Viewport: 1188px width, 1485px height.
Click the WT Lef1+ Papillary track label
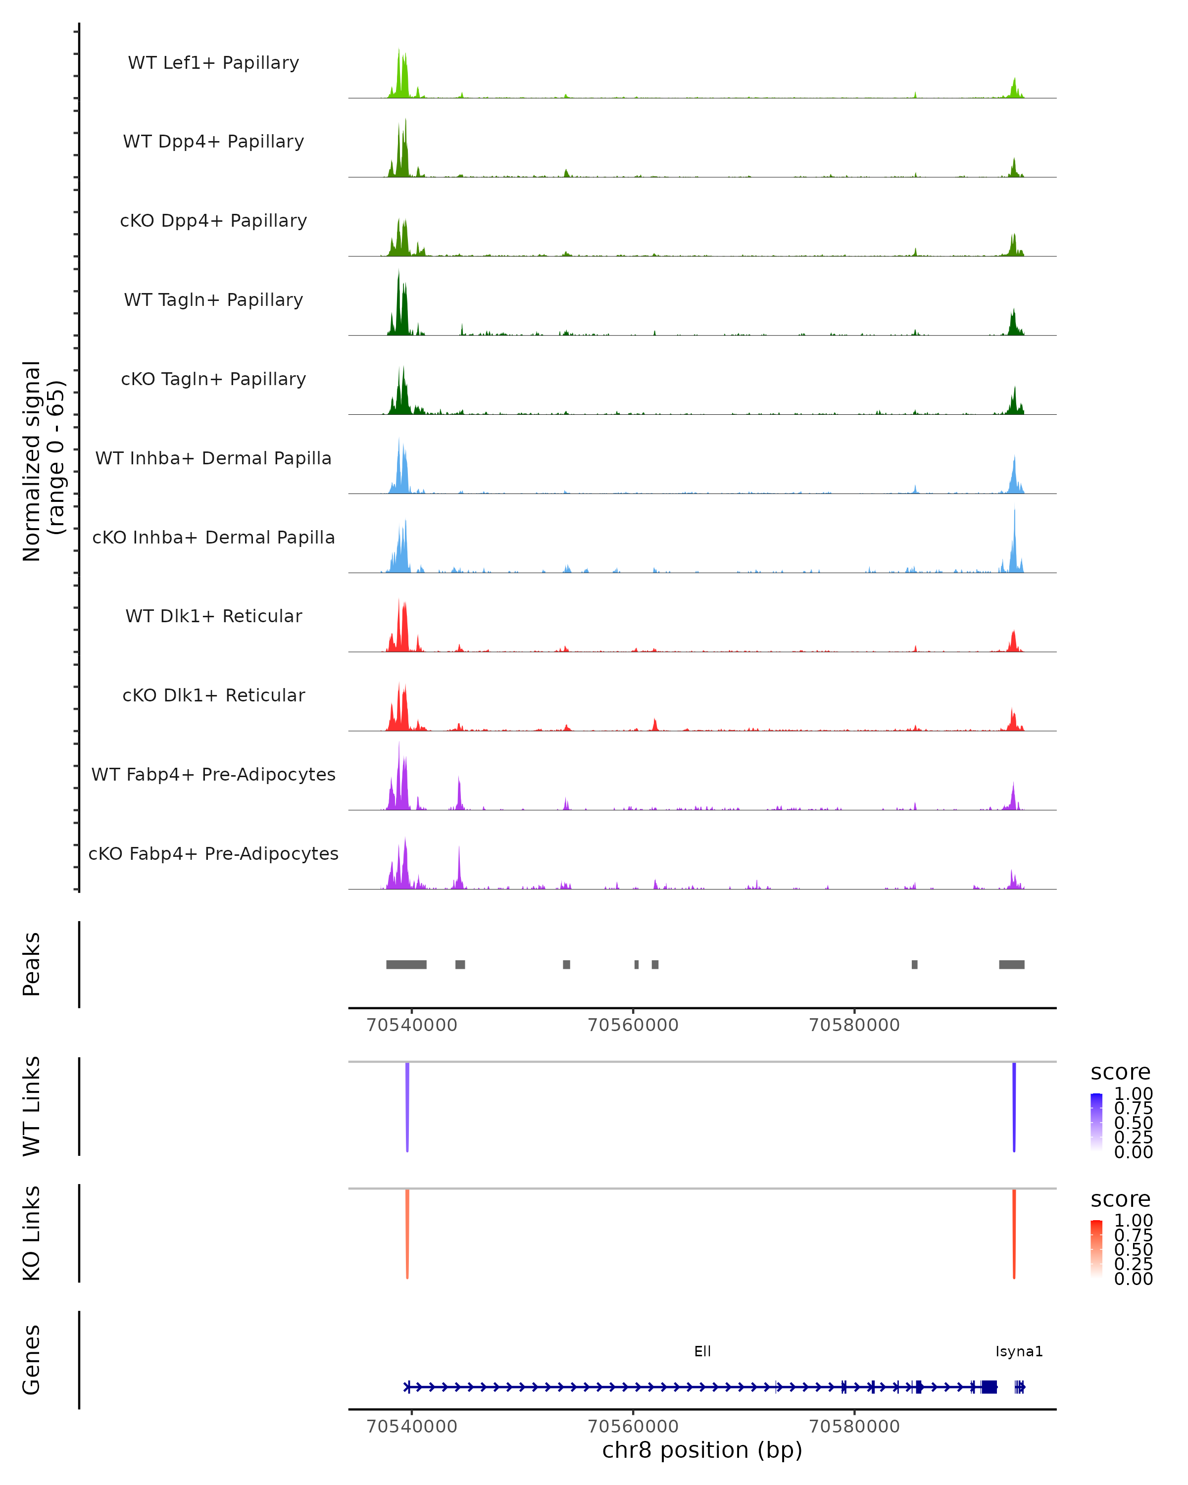point(213,63)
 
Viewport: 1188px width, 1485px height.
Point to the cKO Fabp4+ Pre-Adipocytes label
point(213,853)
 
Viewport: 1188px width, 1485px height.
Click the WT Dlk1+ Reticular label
point(213,616)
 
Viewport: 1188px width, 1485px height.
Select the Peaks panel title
point(32,964)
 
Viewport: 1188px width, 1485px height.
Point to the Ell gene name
point(702,1351)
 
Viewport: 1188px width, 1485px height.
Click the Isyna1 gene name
point(1019,1351)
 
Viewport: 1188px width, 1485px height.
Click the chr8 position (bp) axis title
point(702,1450)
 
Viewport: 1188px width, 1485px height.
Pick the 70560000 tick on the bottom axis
point(633,1427)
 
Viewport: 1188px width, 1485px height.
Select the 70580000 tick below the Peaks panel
point(854,1025)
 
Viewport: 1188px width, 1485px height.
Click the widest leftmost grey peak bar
point(406,964)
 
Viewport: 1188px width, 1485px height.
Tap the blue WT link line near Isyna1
point(1014,1106)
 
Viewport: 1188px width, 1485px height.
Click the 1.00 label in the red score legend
point(1134,1221)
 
